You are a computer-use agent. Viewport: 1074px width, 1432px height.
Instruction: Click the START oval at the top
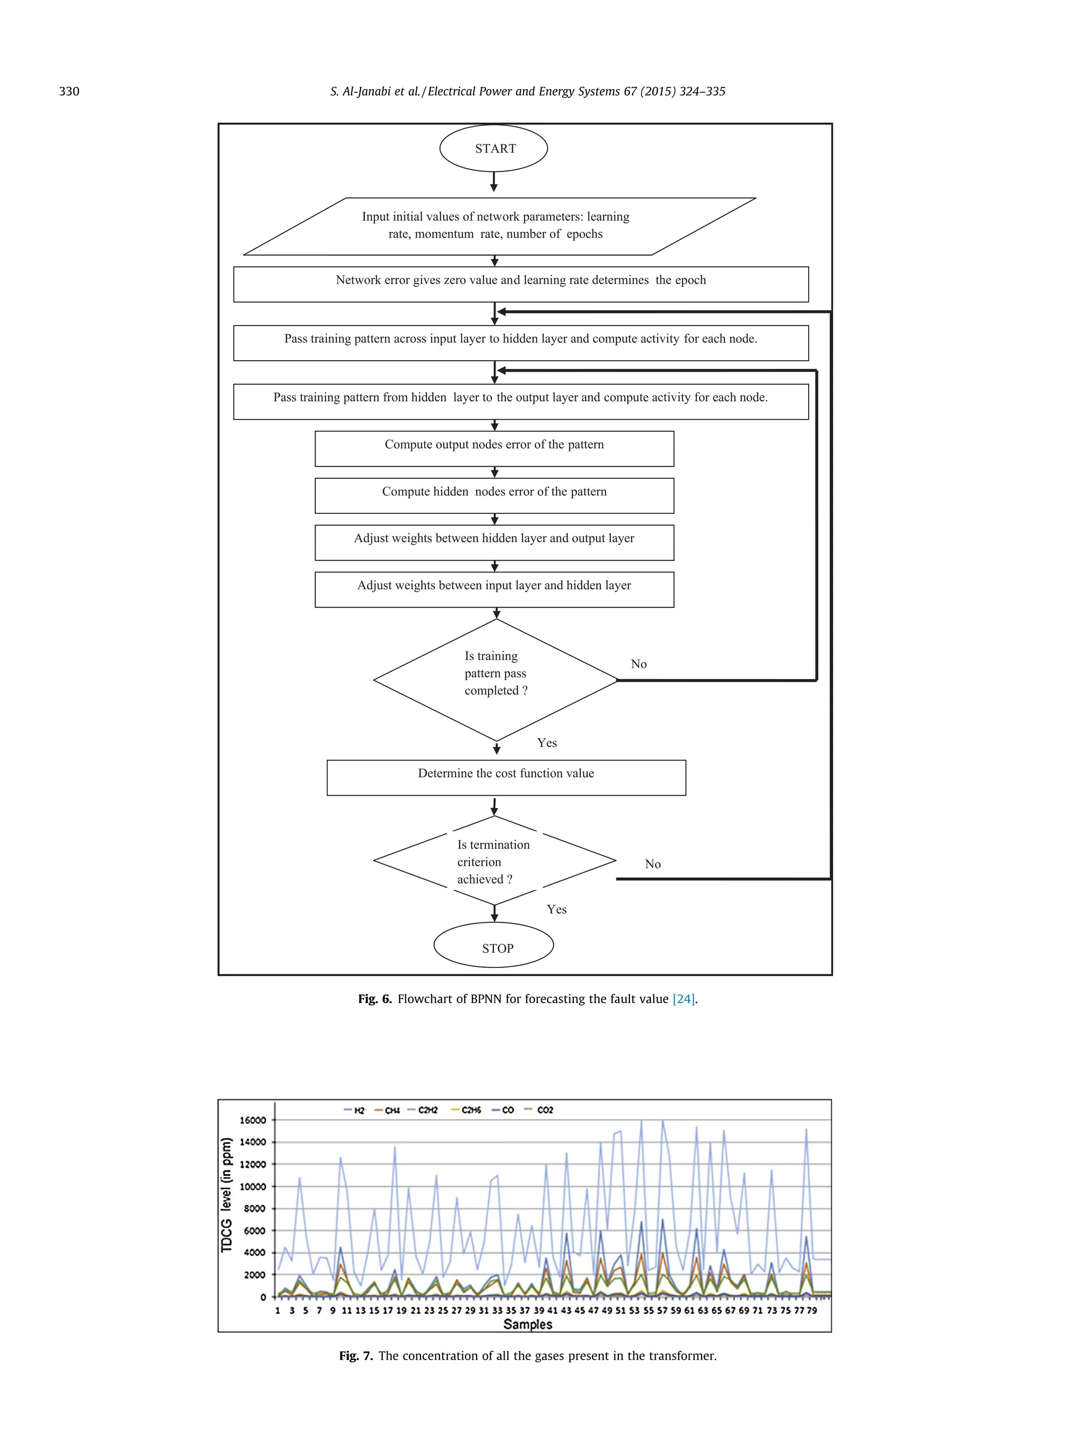tap(493, 148)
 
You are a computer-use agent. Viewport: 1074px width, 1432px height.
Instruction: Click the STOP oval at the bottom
tap(493, 947)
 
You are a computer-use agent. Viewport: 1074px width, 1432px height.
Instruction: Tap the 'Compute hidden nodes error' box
tap(494, 495)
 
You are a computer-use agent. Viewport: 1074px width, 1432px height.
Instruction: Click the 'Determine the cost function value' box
tap(506, 777)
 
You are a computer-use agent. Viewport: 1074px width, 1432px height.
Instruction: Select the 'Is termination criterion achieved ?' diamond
tap(494, 861)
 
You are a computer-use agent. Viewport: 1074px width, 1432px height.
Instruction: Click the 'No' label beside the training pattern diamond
tap(638, 664)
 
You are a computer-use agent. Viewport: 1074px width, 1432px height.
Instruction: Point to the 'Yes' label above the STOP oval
tap(556, 910)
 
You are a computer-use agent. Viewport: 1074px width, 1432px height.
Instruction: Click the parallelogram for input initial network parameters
tap(499, 226)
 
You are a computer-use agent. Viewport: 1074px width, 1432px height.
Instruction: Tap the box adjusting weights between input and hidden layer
tap(494, 589)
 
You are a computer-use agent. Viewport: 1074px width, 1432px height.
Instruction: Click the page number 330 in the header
tap(69, 91)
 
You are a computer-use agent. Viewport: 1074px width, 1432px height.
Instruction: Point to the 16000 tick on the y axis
tap(252, 1120)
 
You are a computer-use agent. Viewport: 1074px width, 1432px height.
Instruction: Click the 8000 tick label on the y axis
tap(254, 1209)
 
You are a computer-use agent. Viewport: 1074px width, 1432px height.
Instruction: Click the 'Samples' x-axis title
tap(528, 1324)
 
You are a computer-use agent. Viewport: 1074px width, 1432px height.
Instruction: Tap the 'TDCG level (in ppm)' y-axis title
tap(227, 1194)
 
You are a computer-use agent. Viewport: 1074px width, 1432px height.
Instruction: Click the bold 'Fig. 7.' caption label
tap(356, 1355)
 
